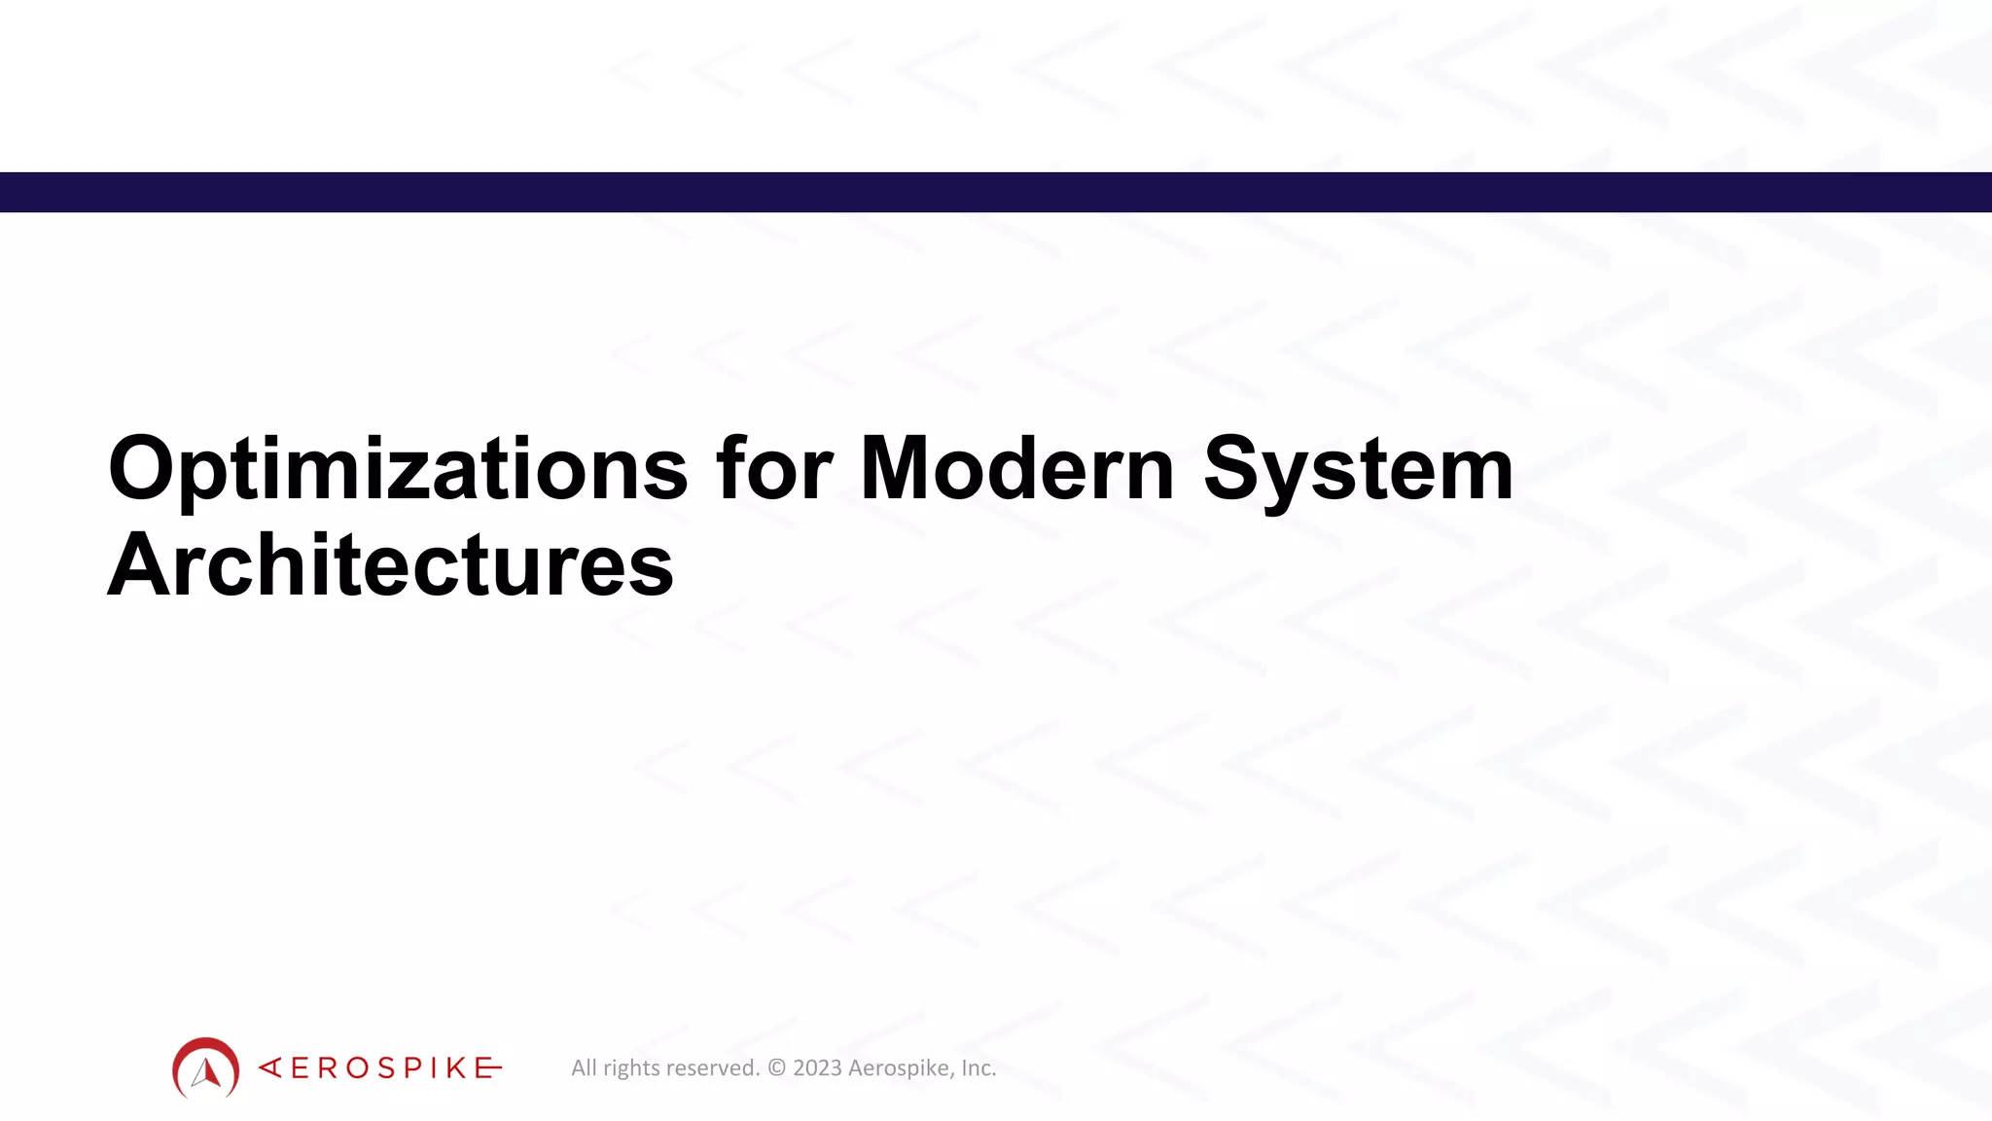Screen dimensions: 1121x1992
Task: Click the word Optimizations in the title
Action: pyautogui.click(x=397, y=470)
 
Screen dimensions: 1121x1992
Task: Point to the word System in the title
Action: pyautogui.click(x=1358, y=470)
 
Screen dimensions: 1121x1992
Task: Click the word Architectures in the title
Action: pyautogui.click(x=390, y=565)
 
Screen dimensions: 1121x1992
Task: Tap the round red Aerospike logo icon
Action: pyautogui.click(x=205, y=1067)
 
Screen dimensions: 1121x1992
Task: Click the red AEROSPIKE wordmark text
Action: pyautogui.click(x=380, y=1068)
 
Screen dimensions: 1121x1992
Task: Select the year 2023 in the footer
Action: pyautogui.click(x=817, y=1068)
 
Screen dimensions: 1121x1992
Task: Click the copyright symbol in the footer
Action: pyautogui.click(x=776, y=1068)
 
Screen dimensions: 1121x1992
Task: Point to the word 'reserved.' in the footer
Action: pyautogui.click(x=713, y=1068)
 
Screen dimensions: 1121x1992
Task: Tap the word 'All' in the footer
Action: pyautogui.click(x=584, y=1068)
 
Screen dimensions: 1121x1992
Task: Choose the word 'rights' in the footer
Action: pyautogui.click(x=632, y=1068)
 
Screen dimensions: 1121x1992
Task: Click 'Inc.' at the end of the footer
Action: pyautogui.click(x=978, y=1068)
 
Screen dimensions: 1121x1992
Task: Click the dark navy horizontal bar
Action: pyautogui.click(x=996, y=192)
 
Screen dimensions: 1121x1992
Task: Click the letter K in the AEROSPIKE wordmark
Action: pyautogui.click(x=457, y=1068)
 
